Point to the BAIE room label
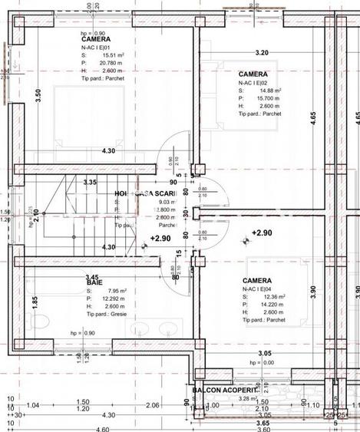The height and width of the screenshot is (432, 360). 95,283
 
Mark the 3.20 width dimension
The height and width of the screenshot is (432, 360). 261,53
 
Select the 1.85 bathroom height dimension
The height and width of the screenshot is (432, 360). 35,302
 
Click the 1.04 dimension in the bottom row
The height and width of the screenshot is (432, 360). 32,404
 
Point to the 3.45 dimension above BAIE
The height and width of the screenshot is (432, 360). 92,277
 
